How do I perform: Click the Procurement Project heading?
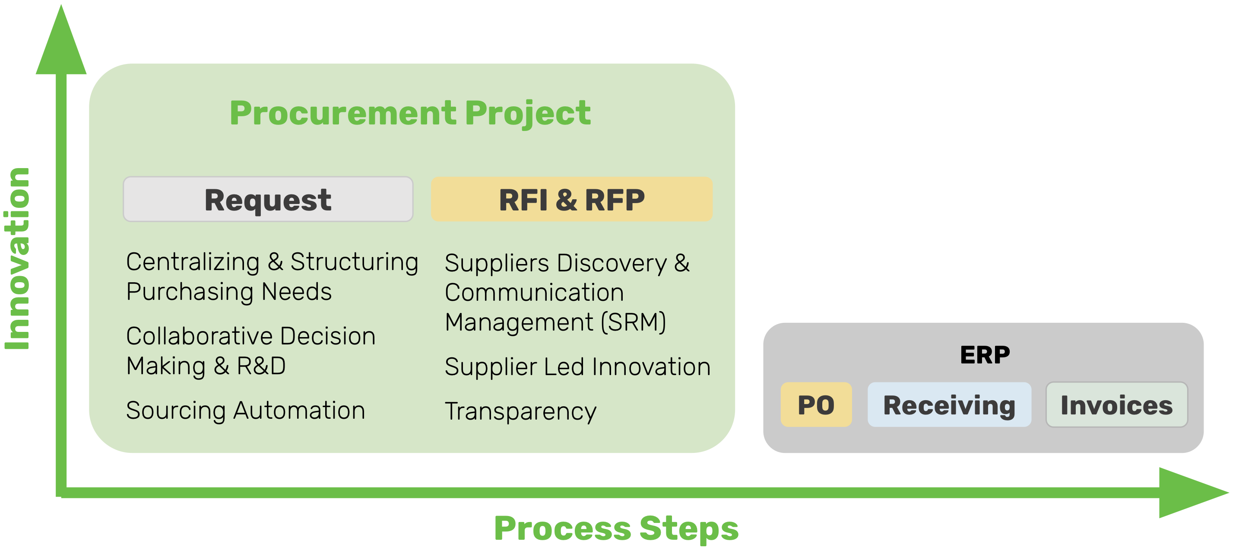click(x=410, y=113)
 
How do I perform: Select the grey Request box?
click(x=268, y=199)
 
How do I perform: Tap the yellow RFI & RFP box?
click(x=571, y=199)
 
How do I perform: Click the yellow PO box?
click(x=816, y=404)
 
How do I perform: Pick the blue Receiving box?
click(x=949, y=404)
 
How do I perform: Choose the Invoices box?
click(x=1116, y=404)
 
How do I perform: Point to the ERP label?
click(x=985, y=355)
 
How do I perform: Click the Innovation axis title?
click(x=17, y=258)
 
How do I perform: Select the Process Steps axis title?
click(x=616, y=528)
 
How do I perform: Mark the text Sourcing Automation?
click(x=245, y=411)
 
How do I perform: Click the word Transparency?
click(x=520, y=411)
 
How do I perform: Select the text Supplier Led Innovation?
click(x=577, y=367)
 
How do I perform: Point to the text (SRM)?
click(x=634, y=322)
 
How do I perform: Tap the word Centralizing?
click(x=193, y=262)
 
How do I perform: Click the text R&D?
click(x=261, y=366)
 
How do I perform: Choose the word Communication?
click(x=534, y=293)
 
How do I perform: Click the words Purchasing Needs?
click(x=229, y=292)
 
